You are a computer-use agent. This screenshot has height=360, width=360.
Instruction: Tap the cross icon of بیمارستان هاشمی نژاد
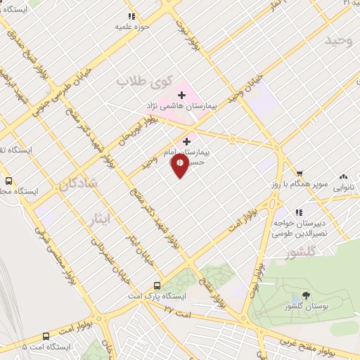pos(181,94)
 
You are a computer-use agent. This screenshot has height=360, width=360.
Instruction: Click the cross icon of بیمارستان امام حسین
pos(186,141)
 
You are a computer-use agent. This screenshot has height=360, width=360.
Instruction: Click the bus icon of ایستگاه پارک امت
pos(157,285)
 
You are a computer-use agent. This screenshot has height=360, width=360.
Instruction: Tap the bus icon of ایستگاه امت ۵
pos(46,336)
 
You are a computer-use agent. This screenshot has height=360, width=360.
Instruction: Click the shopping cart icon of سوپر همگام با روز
pos(300,173)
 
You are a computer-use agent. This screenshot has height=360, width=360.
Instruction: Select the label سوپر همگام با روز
pos(296,184)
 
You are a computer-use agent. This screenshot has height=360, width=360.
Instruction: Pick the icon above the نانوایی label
pos(344,176)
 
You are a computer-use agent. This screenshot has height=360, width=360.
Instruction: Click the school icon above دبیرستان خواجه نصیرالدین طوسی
pos(299,212)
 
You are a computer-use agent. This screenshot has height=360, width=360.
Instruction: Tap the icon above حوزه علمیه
pos(131,15)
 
